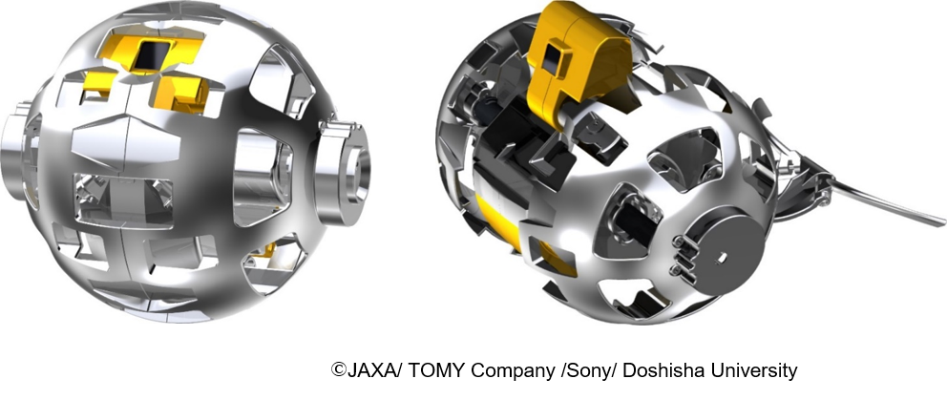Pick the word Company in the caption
point(513,371)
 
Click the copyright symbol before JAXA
point(338,370)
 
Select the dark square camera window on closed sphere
point(151,59)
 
